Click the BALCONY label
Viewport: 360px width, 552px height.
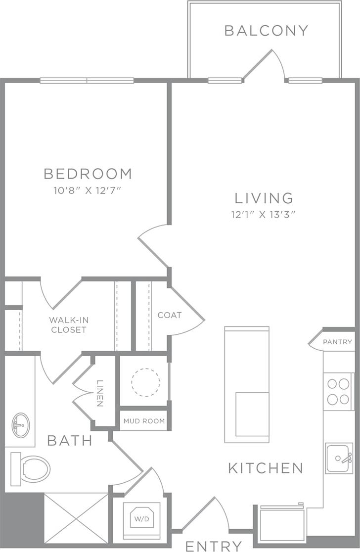pos(266,31)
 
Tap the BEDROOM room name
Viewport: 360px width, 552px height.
pos(88,174)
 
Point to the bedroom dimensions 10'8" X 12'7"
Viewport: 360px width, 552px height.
pos(88,191)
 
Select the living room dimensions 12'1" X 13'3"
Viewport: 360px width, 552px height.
pos(264,215)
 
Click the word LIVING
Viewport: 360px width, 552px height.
pos(264,198)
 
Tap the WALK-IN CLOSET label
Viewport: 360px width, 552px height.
pos(69,324)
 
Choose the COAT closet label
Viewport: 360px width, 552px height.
pos(170,315)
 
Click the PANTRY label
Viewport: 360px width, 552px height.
pos(337,342)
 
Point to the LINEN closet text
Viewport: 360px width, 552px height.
pos(100,393)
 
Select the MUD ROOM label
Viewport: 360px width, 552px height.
pos(144,421)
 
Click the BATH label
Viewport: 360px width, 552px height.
pos(70,440)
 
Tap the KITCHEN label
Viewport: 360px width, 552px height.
pos(266,467)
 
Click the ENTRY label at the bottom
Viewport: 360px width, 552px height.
pos(214,546)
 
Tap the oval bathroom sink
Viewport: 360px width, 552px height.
pos(20,424)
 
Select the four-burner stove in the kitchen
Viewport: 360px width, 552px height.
pos(338,391)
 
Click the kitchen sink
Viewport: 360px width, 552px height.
pos(339,458)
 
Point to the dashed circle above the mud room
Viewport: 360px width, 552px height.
pos(145,382)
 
